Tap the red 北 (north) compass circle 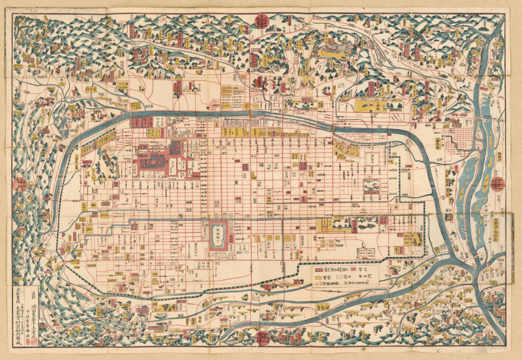coord(20,184)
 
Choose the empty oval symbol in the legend coord(339,276)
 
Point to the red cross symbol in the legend coord(317,284)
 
